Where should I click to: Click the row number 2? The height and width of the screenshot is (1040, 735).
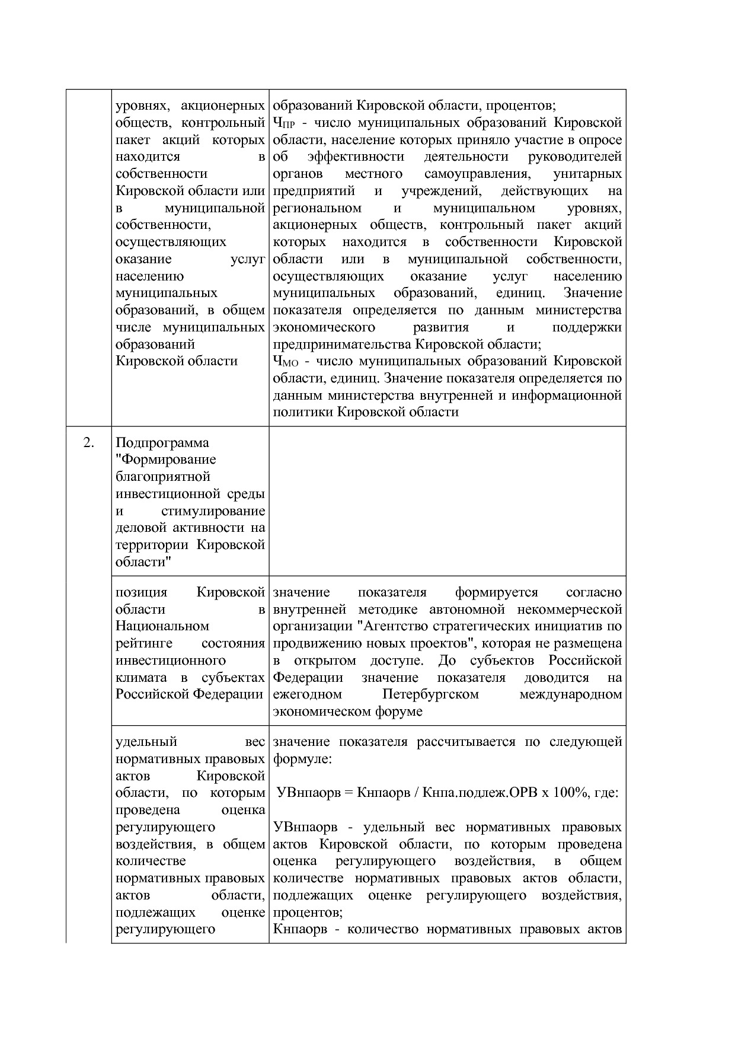[x=88, y=443]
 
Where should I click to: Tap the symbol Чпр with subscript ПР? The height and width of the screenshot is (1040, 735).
[x=284, y=123]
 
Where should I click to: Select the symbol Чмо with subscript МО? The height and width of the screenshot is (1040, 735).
[x=285, y=362]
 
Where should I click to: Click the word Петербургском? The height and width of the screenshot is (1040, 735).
[x=430, y=694]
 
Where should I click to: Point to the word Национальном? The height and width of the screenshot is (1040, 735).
[x=162, y=626]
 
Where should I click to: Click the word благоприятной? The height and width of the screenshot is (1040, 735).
[x=163, y=477]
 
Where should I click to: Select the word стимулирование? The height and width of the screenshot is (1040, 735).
[x=213, y=511]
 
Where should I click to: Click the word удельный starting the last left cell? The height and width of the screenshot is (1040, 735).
[x=146, y=742]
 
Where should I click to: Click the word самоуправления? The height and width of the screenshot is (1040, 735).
[x=476, y=174]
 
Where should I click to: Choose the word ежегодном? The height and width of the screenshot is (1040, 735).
[x=308, y=694]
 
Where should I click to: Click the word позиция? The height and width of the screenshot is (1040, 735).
[x=141, y=592]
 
